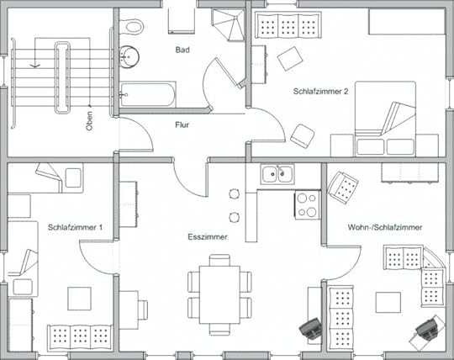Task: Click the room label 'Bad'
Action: click(182, 50)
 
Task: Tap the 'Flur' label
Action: click(182, 124)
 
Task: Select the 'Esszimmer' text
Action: click(208, 237)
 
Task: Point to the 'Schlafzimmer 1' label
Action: click(75, 227)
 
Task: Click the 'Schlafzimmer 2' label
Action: click(320, 91)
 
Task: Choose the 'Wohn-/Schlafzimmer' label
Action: click(385, 227)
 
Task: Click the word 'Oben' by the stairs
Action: click(89, 121)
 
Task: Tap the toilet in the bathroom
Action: click(132, 26)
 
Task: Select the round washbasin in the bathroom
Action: click(129, 56)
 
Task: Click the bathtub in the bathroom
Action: click(148, 94)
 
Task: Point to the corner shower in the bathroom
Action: click(229, 24)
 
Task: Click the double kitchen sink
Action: click(277, 174)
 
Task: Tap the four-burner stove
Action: click(307, 205)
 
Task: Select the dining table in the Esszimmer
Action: click(219, 295)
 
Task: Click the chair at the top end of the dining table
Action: click(219, 261)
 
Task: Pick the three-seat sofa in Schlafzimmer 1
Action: click(80, 336)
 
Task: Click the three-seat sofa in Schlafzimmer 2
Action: click(288, 24)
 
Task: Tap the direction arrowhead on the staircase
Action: click(35, 66)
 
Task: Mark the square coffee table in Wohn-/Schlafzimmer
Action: click(388, 303)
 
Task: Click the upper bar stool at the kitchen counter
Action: click(235, 193)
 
